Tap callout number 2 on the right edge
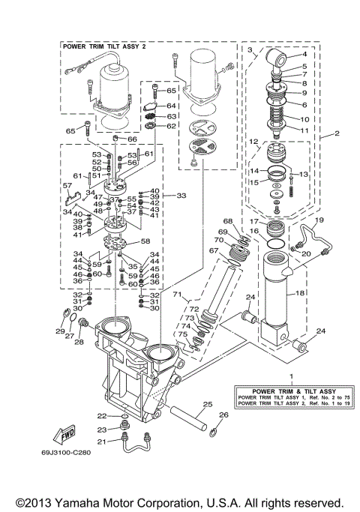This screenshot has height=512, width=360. pos(327,135)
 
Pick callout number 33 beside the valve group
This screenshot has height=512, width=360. pos(181,195)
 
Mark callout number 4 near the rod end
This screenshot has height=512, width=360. pos(304,55)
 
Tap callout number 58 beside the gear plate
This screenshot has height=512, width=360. pos(145,241)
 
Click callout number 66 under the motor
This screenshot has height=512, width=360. pos(132,139)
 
